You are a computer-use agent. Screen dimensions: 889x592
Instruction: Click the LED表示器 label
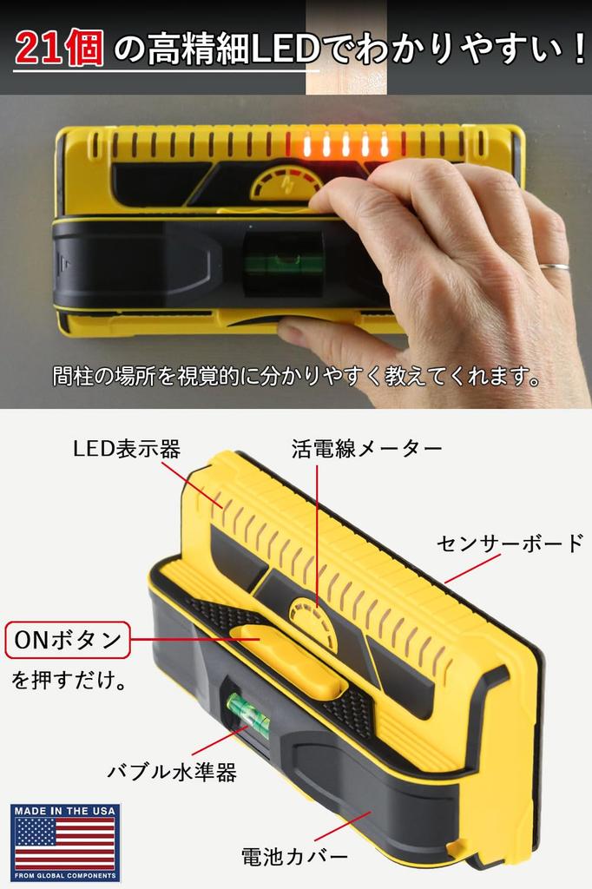click(x=126, y=449)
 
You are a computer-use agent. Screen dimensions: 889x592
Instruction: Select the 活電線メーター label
click(x=366, y=449)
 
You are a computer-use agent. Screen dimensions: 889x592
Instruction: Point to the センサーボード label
click(x=510, y=544)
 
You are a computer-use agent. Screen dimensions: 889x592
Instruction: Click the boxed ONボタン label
click(x=67, y=642)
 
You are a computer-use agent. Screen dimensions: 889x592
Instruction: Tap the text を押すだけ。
click(x=69, y=680)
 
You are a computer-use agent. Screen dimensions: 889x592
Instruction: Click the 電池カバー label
click(x=294, y=856)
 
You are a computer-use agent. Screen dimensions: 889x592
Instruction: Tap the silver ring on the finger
click(x=554, y=267)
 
